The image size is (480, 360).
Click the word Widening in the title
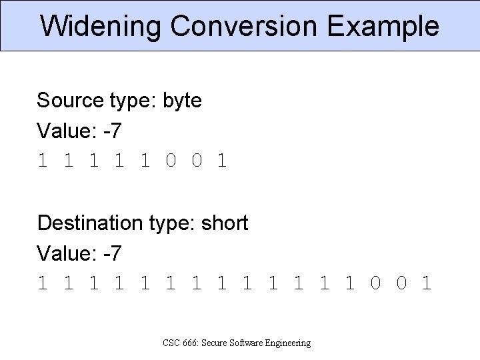pos(101,27)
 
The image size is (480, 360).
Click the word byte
pos(182,101)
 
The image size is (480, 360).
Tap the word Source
pos(67,101)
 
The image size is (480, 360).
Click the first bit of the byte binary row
pos(42,161)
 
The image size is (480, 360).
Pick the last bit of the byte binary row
pos(222,161)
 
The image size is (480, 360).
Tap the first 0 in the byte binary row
pos(171,161)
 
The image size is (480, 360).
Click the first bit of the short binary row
pos(42,284)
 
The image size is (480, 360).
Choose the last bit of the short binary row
pos(427,284)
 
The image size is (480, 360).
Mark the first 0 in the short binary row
pos(375,284)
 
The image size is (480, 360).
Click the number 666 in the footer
pos(190,343)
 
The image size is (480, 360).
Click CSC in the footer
pos(171,343)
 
